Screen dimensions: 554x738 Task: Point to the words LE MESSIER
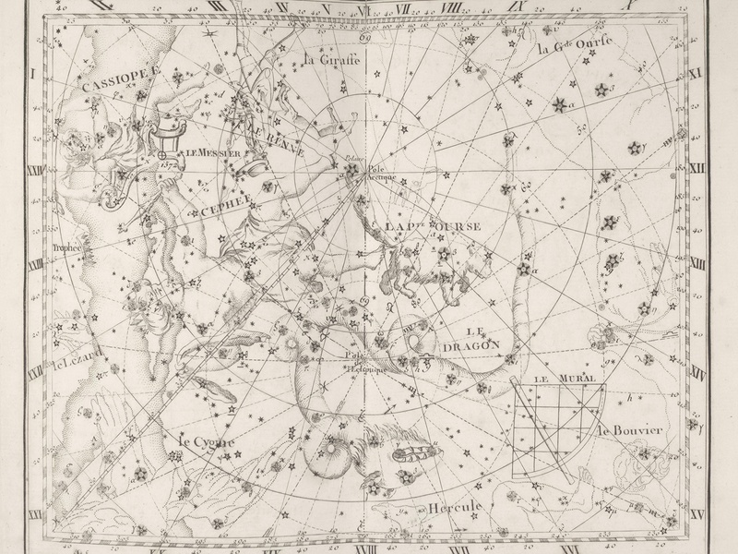pos(212,153)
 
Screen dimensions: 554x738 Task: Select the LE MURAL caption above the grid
pos(565,378)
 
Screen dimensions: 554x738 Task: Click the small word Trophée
pos(66,247)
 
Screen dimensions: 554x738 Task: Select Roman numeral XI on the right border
pos(696,71)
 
